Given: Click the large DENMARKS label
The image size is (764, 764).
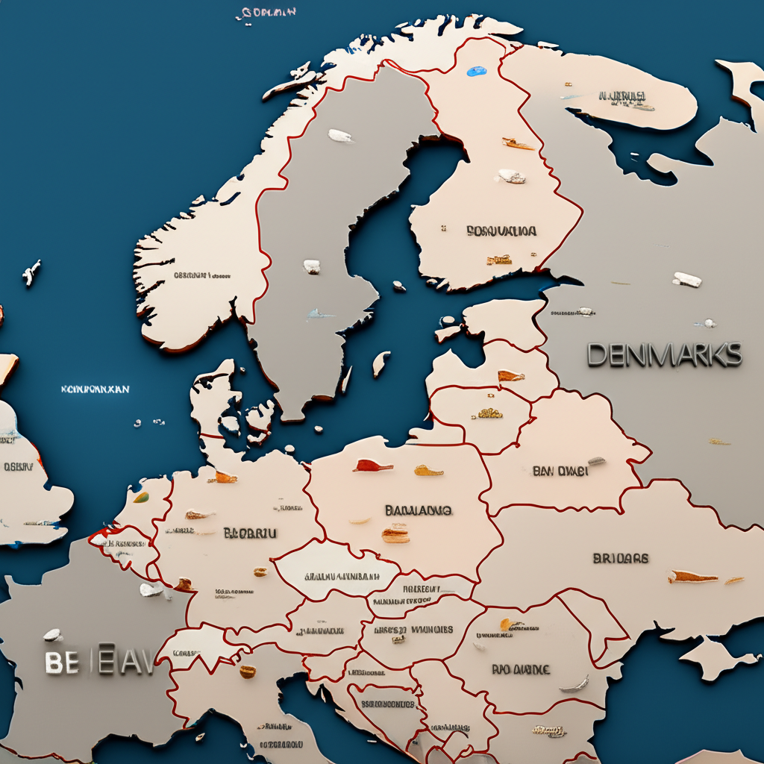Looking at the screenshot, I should (x=664, y=354).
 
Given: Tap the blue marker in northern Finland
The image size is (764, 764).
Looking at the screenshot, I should (x=476, y=72).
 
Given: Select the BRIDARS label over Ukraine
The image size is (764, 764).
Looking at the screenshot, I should (x=620, y=558).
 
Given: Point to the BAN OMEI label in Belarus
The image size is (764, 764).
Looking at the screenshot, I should (x=560, y=471).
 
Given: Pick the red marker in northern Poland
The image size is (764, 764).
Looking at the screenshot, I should (x=373, y=466).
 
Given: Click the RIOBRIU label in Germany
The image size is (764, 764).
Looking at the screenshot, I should (x=250, y=533).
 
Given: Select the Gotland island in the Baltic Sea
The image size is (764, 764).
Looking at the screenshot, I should (x=381, y=363).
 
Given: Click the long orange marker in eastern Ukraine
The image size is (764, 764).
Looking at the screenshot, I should (x=692, y=577).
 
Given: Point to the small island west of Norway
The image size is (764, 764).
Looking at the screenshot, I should (x=31, y=273).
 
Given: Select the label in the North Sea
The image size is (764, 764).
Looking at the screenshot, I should (x=95, y=389).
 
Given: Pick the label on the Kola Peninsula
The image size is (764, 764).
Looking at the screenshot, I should (x=621, y=96).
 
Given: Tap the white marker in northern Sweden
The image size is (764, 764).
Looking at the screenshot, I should (x=340, y=136).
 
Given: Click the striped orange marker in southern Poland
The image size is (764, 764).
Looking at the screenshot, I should (x=395, y=533).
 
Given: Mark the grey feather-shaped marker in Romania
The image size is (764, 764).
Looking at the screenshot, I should (x=574, y=684).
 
